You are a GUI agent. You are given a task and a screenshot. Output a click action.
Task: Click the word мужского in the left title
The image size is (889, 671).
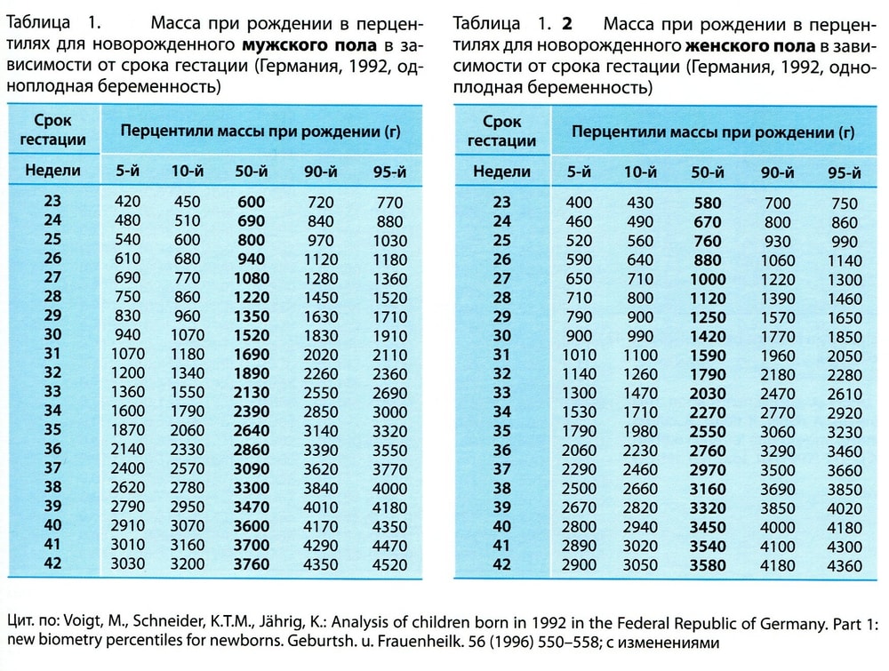(276, 45)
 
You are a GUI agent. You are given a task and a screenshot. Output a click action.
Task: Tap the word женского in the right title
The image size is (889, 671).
(722, 45)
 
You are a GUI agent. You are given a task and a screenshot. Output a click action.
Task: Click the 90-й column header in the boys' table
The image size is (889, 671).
(319, 171)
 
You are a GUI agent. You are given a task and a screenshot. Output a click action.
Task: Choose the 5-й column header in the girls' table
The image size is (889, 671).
(579, 172)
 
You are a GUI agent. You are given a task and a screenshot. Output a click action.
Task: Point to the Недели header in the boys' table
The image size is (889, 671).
(52, 170)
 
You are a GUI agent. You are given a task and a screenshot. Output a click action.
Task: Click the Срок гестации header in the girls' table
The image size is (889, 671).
(501, 131)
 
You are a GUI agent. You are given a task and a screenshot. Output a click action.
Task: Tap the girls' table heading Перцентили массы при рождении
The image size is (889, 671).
(713, 132)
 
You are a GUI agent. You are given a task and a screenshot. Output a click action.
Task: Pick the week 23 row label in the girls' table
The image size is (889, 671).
(502, 203)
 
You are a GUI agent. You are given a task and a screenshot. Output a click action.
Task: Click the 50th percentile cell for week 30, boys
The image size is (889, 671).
(252, 335)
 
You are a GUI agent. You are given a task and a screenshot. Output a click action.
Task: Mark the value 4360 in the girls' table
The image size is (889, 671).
(844, 566)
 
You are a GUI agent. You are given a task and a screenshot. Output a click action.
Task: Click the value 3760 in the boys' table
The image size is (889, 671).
(252, 563)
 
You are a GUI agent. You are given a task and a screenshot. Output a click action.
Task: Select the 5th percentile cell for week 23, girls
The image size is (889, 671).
(579, 203)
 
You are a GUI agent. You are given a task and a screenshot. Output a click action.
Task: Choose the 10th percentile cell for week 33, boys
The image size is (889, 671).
(187, 391)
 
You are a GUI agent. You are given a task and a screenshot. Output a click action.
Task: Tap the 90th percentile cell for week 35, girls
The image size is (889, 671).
(777, 432)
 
